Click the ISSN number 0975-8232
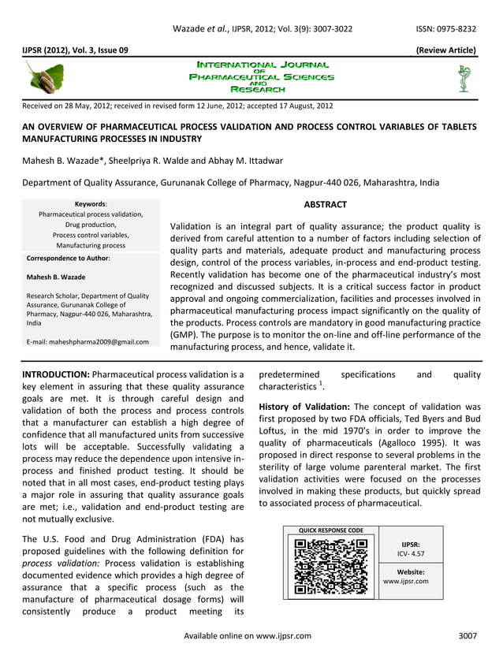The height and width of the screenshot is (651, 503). point(457,29)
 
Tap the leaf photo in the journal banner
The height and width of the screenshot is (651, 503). point(45,79)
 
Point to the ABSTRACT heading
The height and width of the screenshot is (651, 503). point(325,205)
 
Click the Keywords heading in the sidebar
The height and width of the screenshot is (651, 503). point(90,203)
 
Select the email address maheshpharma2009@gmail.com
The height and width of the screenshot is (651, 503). point(87,341)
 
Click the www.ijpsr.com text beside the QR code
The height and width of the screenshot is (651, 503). point(405,582)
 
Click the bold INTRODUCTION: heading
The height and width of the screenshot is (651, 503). point(57,374)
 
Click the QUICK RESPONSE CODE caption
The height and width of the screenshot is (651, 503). point(330,530)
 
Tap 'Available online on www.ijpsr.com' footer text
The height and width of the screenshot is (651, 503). point(247,635)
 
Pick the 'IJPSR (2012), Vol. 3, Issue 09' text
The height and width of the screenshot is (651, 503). point(76,50)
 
